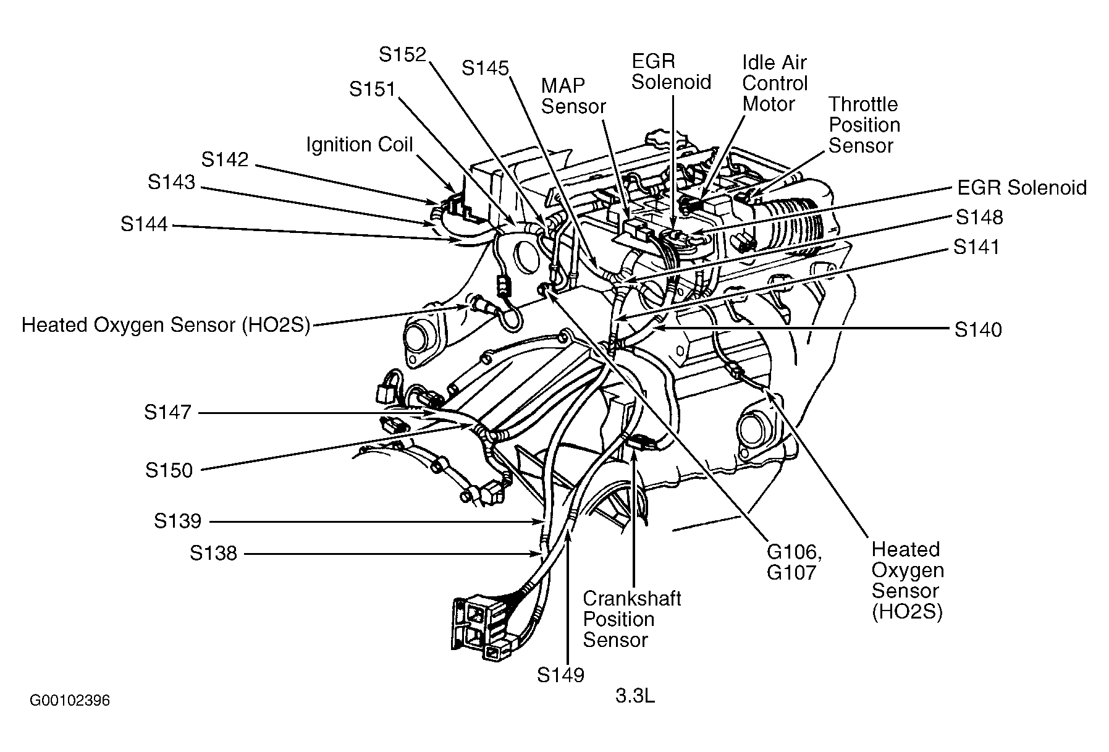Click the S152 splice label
click(402, 55)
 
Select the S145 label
click(485, 68)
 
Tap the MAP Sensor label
click(573, 96)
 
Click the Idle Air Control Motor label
click(775, 83)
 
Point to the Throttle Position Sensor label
click(864, 125)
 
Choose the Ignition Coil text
click(360, 145)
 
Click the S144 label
click(144, 224)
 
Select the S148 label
click(979, 218)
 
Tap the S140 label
click(978, 330)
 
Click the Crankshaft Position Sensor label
click(631, 619)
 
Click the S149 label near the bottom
click(560, 675)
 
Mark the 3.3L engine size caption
click(635, 696)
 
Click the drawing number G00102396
click(70, 701)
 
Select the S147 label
click(167, 412)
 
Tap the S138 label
click(213, 553)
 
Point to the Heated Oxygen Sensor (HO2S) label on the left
click(166, 325)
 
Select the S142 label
click(225, 160)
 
